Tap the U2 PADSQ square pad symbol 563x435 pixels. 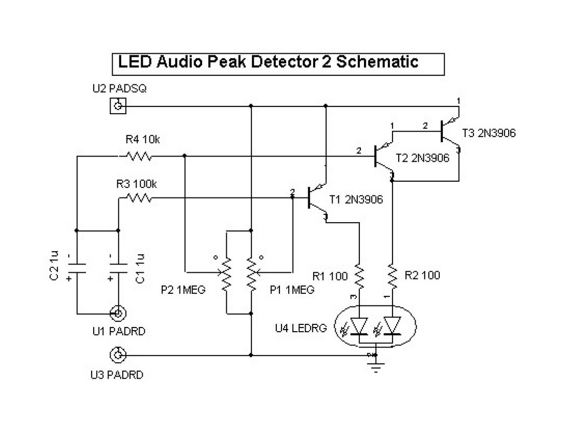pyautogui.click(x=118, y=106)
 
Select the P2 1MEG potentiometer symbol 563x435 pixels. pyautogui.click(x=226, y=274)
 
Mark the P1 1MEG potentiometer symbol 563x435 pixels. pyautogui.click(x=251, y=274)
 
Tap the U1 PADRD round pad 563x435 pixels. pyautogui.click(x=118, y=313)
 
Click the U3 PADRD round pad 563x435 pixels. pyautogui.click(x=118, y=354)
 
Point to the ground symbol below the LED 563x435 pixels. pyautogui.click(x=376, y=364)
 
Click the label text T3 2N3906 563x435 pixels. pyautogui.click(x=489, y=133)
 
